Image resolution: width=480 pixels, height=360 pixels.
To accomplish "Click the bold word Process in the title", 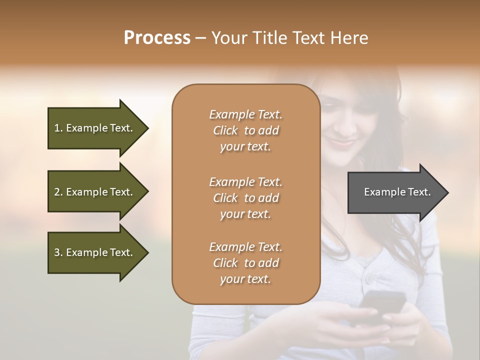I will [x=157, y=38].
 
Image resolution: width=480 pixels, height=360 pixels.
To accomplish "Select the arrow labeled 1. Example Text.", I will [x=93, y=128].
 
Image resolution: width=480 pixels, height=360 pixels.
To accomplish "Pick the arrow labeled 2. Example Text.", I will [x=93, y=192].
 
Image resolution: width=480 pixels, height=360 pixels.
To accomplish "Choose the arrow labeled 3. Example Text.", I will [x=93, y=252].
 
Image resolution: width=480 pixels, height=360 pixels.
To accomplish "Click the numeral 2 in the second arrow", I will [x=57, y=192].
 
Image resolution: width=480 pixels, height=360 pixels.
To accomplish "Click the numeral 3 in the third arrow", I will [x=57, y=252].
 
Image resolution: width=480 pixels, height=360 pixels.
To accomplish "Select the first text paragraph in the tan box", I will [x=245, y=130].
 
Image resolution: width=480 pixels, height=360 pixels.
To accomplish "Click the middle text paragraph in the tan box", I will [x=245, y=198].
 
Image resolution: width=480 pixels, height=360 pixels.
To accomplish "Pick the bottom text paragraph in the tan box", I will [x=245, y=263].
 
